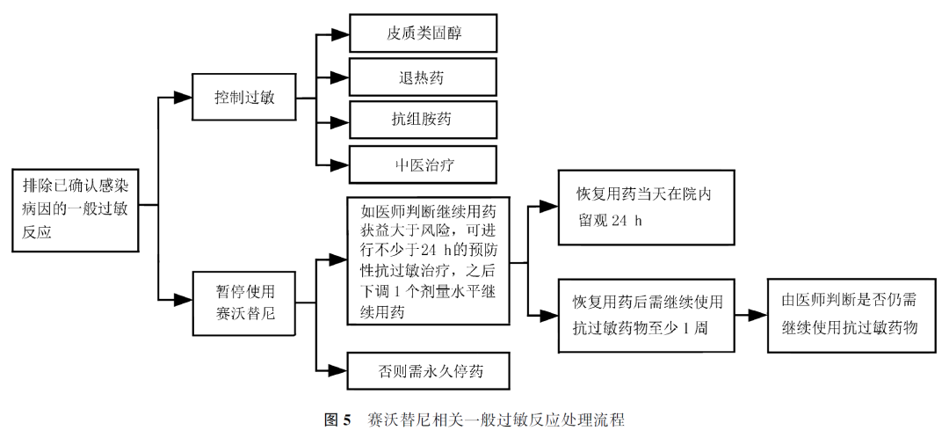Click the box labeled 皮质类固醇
coord(424,34)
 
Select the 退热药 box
coord(424,77)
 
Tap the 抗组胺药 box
coord(424,120)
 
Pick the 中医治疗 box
coord(424,164)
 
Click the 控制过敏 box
coord(243,98)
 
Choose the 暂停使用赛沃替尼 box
coord(243,302)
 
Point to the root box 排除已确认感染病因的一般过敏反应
coord(75,209)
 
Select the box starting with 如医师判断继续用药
coord(428,260)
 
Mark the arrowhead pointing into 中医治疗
coord(340,164)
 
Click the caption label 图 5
coord(337,420)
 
